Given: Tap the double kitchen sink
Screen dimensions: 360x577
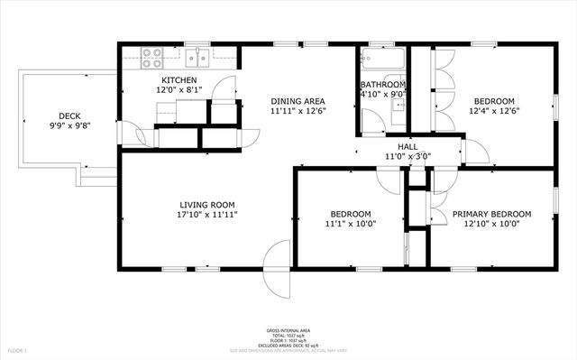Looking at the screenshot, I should [198, 59].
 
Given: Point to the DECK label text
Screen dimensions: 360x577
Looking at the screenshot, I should [69, 115].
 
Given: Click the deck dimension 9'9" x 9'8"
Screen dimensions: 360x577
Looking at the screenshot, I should [69, 125].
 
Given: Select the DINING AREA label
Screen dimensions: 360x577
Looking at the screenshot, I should [298, 101].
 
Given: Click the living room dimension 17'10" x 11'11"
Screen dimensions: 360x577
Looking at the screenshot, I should [208, 215].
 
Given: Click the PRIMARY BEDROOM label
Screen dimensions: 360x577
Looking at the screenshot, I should [491, 214].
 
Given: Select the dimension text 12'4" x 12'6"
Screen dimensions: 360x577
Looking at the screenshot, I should [495, 111].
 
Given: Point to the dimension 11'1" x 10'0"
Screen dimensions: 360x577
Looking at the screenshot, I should [351, 224].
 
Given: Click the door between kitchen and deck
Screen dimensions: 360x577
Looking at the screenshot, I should [136, 135].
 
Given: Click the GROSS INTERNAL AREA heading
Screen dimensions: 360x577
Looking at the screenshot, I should [288, 331].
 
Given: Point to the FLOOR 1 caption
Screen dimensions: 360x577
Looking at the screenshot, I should [18, 349].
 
